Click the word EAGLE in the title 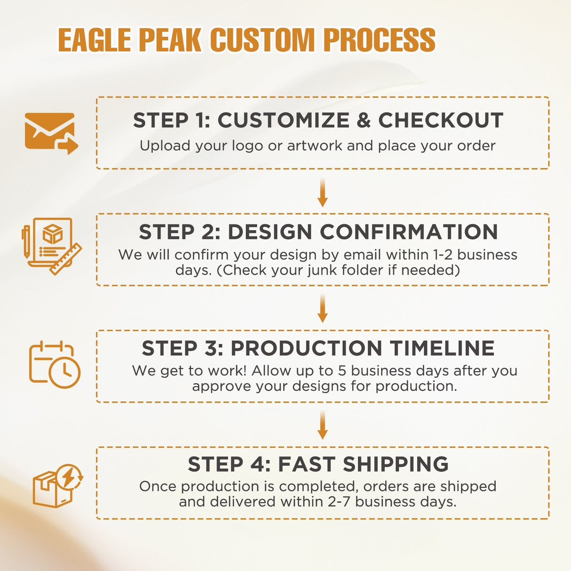tap(95, 40)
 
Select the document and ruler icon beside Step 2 tap(51, 246)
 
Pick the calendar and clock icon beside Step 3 tap(55, 365)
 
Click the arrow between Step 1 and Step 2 tap(322, 192)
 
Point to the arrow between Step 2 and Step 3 tap(322, 308)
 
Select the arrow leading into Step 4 tap(322, 425)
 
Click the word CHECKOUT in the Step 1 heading tap(441, 120)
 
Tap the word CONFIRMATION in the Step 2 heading tap(409, 232)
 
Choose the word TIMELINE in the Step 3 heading tap(442, 349)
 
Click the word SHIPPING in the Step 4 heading tap(396, 464)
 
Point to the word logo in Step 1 tap(247, 146)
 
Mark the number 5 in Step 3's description tap(342, 371)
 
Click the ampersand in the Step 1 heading tap(364, 120)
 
